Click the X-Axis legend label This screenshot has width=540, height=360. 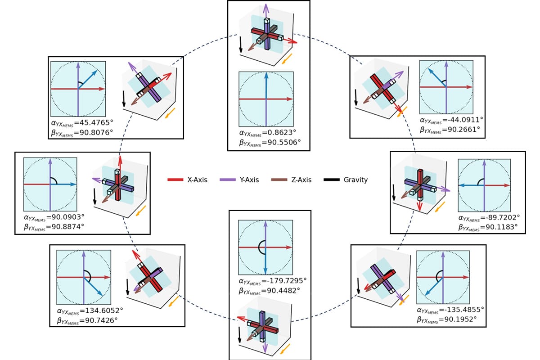[x=197, y=180]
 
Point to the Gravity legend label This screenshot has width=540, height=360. [x=355, y=180]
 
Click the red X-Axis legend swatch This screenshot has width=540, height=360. [x=175, y=180]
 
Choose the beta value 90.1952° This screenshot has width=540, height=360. [x=457, y=320]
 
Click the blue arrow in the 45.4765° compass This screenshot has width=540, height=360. [x=88, y=80]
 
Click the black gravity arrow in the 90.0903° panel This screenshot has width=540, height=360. [x=95, y=197]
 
